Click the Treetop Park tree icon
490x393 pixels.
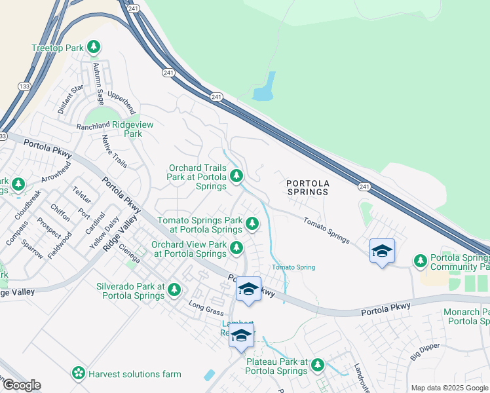(95, 47)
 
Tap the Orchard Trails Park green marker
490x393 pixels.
(236, 176)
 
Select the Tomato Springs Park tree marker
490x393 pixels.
(252, 225)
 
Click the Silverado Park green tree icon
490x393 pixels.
(174, 289)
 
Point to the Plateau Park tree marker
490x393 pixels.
(318, 365)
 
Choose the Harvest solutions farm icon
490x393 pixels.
(79, 373)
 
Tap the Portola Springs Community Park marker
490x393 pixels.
(421, 261)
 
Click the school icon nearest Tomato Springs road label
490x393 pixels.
(382, 252)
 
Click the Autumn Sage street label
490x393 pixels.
(98, 85)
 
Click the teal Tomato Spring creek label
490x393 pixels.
(293, 267)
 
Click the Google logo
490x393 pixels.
(21, 385)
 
